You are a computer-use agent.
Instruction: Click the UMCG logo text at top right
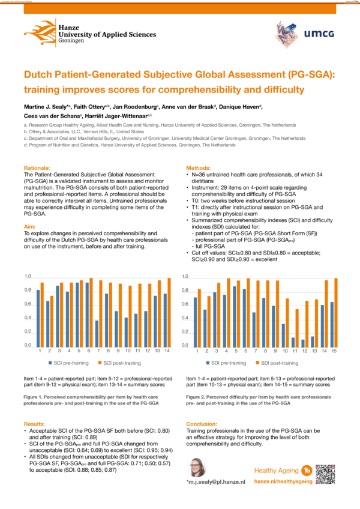pyautogui.click(x=322, y=34)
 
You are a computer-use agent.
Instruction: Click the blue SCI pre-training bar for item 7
pyautogui.click(x=97, y=333)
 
